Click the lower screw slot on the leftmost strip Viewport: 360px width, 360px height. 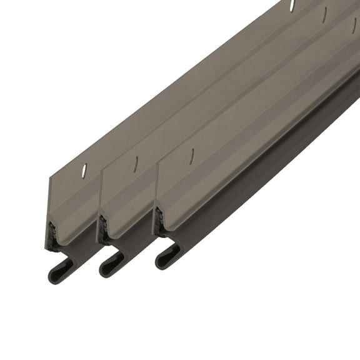pos(84,170)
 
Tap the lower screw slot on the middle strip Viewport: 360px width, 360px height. pos(136,164)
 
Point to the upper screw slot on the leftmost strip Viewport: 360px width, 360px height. pos(292,6)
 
